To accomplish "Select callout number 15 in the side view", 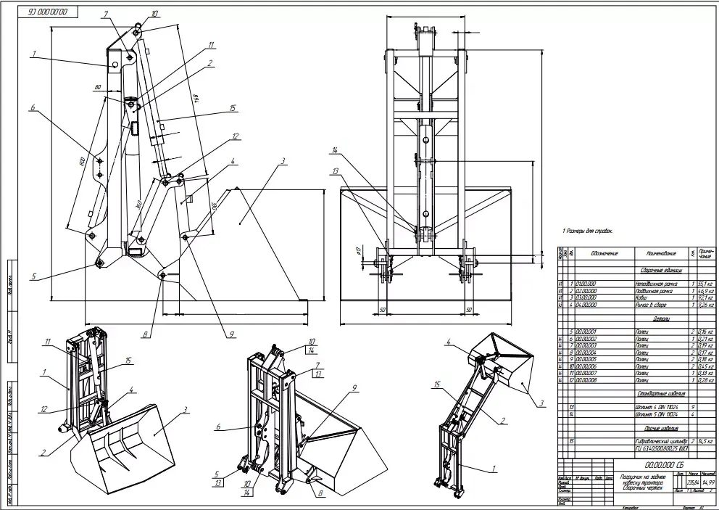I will [233, 109].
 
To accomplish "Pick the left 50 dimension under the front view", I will [381, 309].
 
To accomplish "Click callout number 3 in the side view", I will [284, 160].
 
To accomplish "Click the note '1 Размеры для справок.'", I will [588, 230].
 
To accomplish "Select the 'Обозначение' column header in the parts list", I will [604, 254].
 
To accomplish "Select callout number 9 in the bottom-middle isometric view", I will [354, 388].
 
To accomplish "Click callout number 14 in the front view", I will [336, 151].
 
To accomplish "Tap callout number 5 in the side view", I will [33, 276].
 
